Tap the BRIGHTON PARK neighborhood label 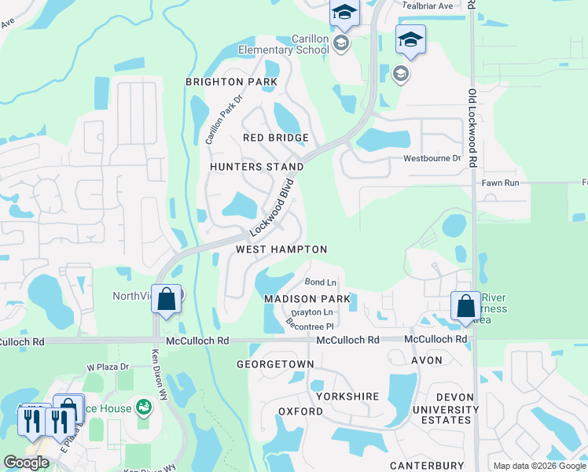231,82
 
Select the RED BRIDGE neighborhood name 275,138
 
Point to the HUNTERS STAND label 256,167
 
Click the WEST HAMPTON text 281,249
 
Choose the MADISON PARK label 307,300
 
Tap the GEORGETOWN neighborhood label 275,364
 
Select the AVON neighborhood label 426,360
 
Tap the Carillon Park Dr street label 215,120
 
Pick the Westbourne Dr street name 432,158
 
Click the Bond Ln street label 320,282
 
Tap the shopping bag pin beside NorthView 167,299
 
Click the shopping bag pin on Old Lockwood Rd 465,305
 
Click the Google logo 27,463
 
